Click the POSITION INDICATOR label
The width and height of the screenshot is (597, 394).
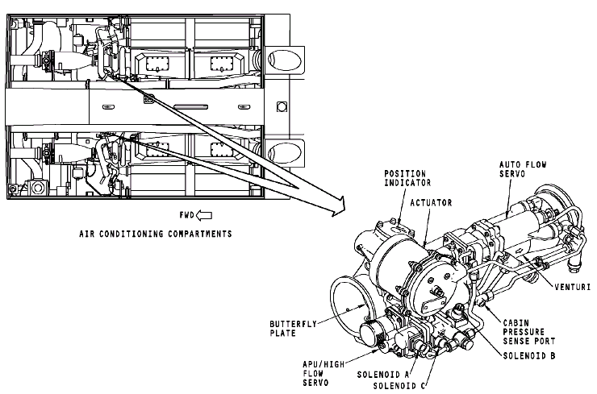pyautogui.click(x=407, y=178)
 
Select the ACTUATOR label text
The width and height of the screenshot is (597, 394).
pyautogui.click(x=431, y=203)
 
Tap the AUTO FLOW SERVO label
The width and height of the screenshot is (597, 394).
pyautogui.click(x=523, y=169)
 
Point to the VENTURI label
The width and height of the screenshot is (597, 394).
pyautogui.click(x=572, y=287)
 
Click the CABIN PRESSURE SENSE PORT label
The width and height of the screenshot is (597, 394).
pyautogui.click(x=529, y=332)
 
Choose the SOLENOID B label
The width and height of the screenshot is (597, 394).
pyautogui.click(x=529, y=355)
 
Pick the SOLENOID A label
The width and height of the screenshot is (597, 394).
pyautogui.click(x=383, y=375)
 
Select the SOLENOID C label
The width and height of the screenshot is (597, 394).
pyautogui.click(x=399, y=386)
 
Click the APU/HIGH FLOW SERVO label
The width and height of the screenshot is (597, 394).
pyautogui.click(x=324, y=374)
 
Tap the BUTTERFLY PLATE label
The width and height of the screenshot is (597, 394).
pyautogui.click(x=293, y=329)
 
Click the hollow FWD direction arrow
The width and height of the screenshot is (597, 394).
pyautogui.click(x=203, y=215)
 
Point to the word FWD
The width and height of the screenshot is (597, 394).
pyautogui.click(x=186, y=215)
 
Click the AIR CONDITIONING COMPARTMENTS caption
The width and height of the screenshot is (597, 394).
pyautogui.click(x=156, y=234)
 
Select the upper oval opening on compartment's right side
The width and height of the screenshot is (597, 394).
pyautogui.click(x=285, y=60)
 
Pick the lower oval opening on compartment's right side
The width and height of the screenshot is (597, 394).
pyautogui.click(x=285, y=153)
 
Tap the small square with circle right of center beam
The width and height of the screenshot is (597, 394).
pyautogui.click(x=282, y=106)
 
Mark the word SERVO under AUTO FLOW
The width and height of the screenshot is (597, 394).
pyautogui.click(x=512, y=174)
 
